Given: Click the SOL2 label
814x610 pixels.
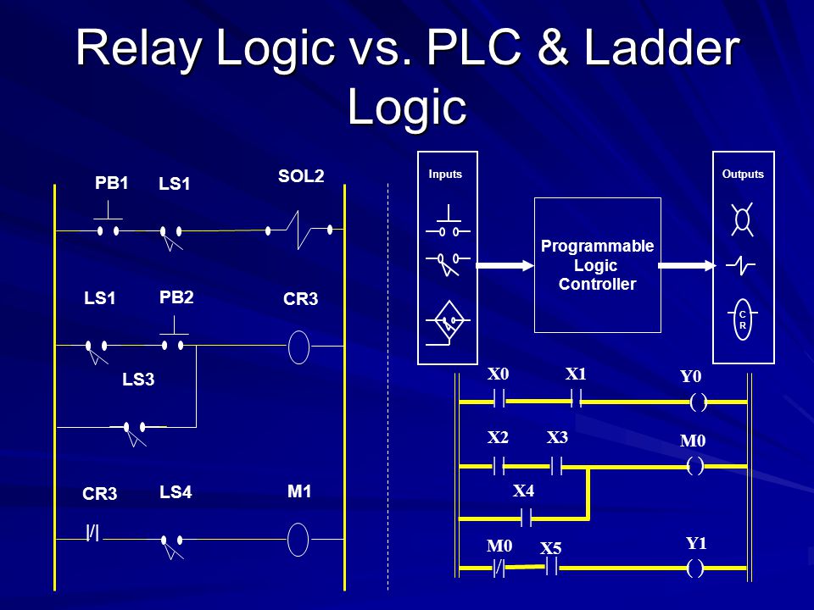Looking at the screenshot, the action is pyautogui.click(x=301, y=176).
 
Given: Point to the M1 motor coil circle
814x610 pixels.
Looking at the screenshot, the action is pyautogui.click(x=298, y=540).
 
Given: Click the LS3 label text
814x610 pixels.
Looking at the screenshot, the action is pyautogui.click(x=138, y=380).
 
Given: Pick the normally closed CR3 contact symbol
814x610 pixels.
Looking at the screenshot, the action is pyautogui.click(x=93, y=533).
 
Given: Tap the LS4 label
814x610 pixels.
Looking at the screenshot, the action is pyautogui.click(x=176, y=491).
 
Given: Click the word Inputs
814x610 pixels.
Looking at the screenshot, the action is pyautogui.click(x=445, y=175).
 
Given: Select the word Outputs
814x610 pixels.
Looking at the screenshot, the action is pyautogui.click(x=743, y=175).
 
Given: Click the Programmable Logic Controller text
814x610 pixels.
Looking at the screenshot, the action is pyautogui.click(x=597, y=265).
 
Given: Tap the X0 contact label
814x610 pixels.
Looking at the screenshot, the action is pyautogui.click(x=498, y=374).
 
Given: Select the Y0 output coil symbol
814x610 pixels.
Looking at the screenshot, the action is pyautogui.click(x=698, y=402).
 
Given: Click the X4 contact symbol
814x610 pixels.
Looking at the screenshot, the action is pyautogui.click(x=526, y=518).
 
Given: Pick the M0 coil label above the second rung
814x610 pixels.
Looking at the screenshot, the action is pyautogui.click(x=693, y=441).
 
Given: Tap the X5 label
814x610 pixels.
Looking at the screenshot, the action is pyautogui.click(x=551, y=548).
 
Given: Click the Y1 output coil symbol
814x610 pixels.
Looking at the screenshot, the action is pyautogui.click(x=695, y=568).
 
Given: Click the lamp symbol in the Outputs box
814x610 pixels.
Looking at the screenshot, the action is pyautogui.click(x=743, y=220).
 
